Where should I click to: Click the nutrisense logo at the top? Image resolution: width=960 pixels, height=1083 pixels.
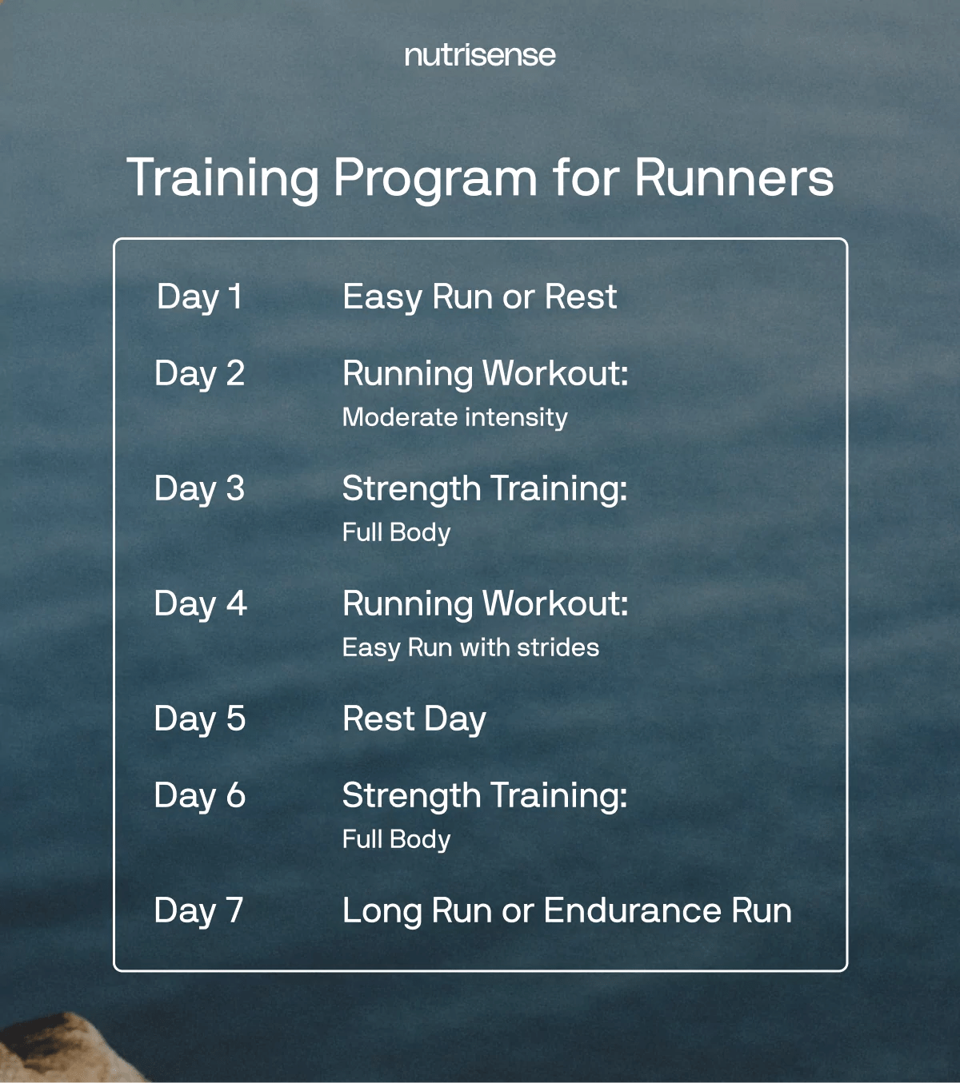point(480,55)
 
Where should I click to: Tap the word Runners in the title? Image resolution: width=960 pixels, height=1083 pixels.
point(734,177)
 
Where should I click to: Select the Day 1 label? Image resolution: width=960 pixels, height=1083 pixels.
point(199,297)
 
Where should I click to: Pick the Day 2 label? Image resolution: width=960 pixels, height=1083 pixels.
point(199,374)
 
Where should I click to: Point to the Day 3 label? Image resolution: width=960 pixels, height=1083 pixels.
point(199,489)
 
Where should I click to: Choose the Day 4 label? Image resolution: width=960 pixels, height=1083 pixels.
point(200,604)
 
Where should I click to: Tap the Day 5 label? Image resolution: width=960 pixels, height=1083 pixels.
point(199,719)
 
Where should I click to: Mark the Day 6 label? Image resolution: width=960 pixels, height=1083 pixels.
point(199,796)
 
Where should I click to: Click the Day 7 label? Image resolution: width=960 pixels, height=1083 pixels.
point(198,911)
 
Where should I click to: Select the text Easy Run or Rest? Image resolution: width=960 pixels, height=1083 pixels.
point(479,297)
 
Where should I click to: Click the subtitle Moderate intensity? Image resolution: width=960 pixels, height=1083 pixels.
point(454,417)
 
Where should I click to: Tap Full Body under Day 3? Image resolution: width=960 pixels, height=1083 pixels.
point(396,532)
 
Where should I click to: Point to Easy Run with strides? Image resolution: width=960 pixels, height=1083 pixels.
point(470,647)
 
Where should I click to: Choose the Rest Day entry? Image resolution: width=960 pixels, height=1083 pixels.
point(414,719)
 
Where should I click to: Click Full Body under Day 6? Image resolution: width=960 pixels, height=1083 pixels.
point(396,839)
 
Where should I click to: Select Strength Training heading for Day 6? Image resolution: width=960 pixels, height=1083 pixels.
point(484,796)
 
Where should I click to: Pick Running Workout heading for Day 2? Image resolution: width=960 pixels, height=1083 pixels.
point(485,374)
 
